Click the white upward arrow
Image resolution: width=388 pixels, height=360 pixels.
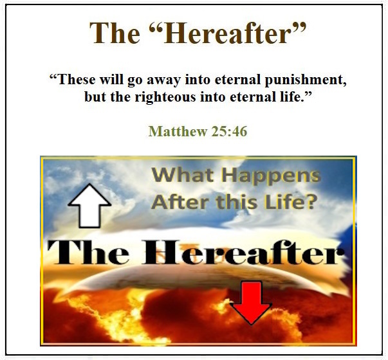89,206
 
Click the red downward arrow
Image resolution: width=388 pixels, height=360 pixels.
251,303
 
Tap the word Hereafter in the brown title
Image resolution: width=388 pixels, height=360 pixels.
234,33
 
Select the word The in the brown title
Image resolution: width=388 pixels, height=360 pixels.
115,33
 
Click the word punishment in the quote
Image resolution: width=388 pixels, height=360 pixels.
306,80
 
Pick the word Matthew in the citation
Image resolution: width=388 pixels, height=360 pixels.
178,131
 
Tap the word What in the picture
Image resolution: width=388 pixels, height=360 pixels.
183,175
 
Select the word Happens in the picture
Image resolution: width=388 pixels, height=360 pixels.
271,177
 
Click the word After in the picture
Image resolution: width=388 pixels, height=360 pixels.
180,202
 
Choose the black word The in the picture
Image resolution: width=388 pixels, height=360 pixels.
88,252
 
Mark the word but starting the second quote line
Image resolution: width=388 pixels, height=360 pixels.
95,97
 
